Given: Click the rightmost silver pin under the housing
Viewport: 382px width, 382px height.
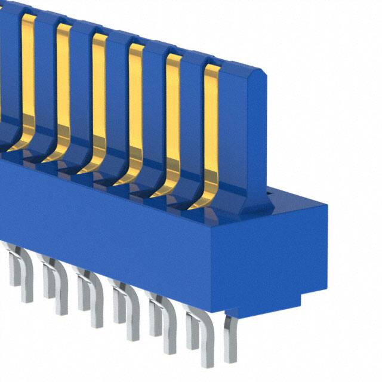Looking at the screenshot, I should coord(230,340).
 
